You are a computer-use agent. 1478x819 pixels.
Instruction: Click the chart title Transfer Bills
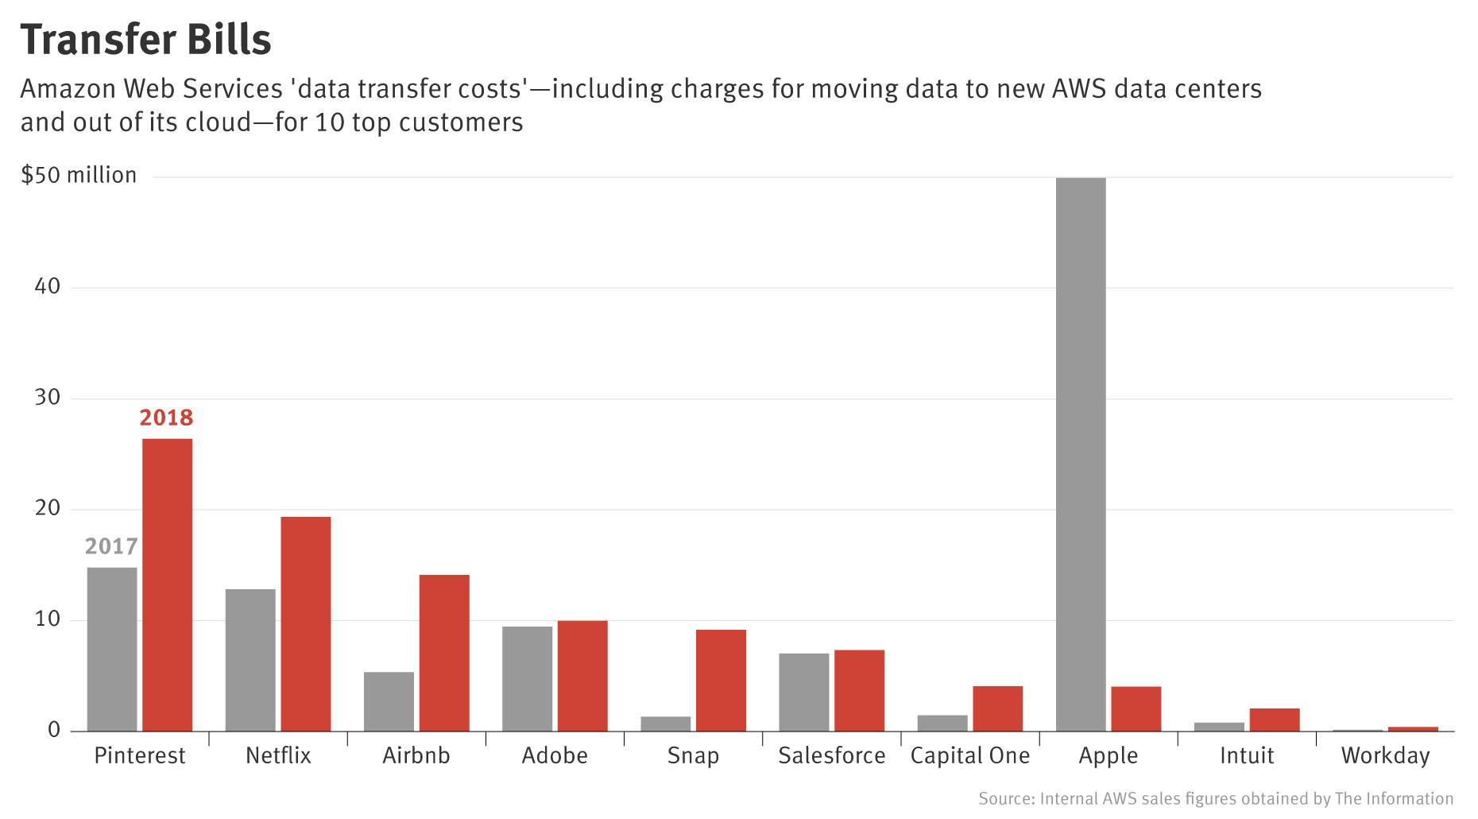[145, 39]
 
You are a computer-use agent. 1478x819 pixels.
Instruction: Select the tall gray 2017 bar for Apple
[1080, 453]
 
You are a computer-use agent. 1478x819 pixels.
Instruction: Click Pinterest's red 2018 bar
[167, 584]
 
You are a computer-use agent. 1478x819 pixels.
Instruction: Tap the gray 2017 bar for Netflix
[250, 660]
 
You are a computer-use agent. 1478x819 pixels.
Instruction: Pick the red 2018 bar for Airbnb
[444, 652]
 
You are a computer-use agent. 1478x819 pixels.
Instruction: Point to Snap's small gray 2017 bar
[665, 724]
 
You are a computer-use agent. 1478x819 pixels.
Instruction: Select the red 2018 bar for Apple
[1136, 708]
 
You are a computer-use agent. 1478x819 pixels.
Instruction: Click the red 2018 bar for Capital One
[997, 708]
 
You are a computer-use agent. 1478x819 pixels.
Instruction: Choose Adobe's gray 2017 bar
[527, 678]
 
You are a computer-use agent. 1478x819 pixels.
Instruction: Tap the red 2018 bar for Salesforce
[859, 690]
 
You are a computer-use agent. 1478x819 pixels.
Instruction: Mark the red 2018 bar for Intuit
[1274, 720]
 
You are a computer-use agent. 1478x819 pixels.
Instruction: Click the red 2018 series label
[166, 417]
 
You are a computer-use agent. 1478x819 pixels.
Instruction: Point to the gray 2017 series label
[111, 546]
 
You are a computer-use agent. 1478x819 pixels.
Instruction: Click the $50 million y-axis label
[79, 175]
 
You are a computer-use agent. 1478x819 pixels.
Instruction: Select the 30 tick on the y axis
[48, 397]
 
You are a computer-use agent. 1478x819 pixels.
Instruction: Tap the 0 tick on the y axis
[54, 729]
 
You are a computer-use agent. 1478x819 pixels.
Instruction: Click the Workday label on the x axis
[1384, 755]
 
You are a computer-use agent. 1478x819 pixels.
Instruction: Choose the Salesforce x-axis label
[831, 755]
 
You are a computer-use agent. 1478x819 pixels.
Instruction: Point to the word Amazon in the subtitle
[68, 88]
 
